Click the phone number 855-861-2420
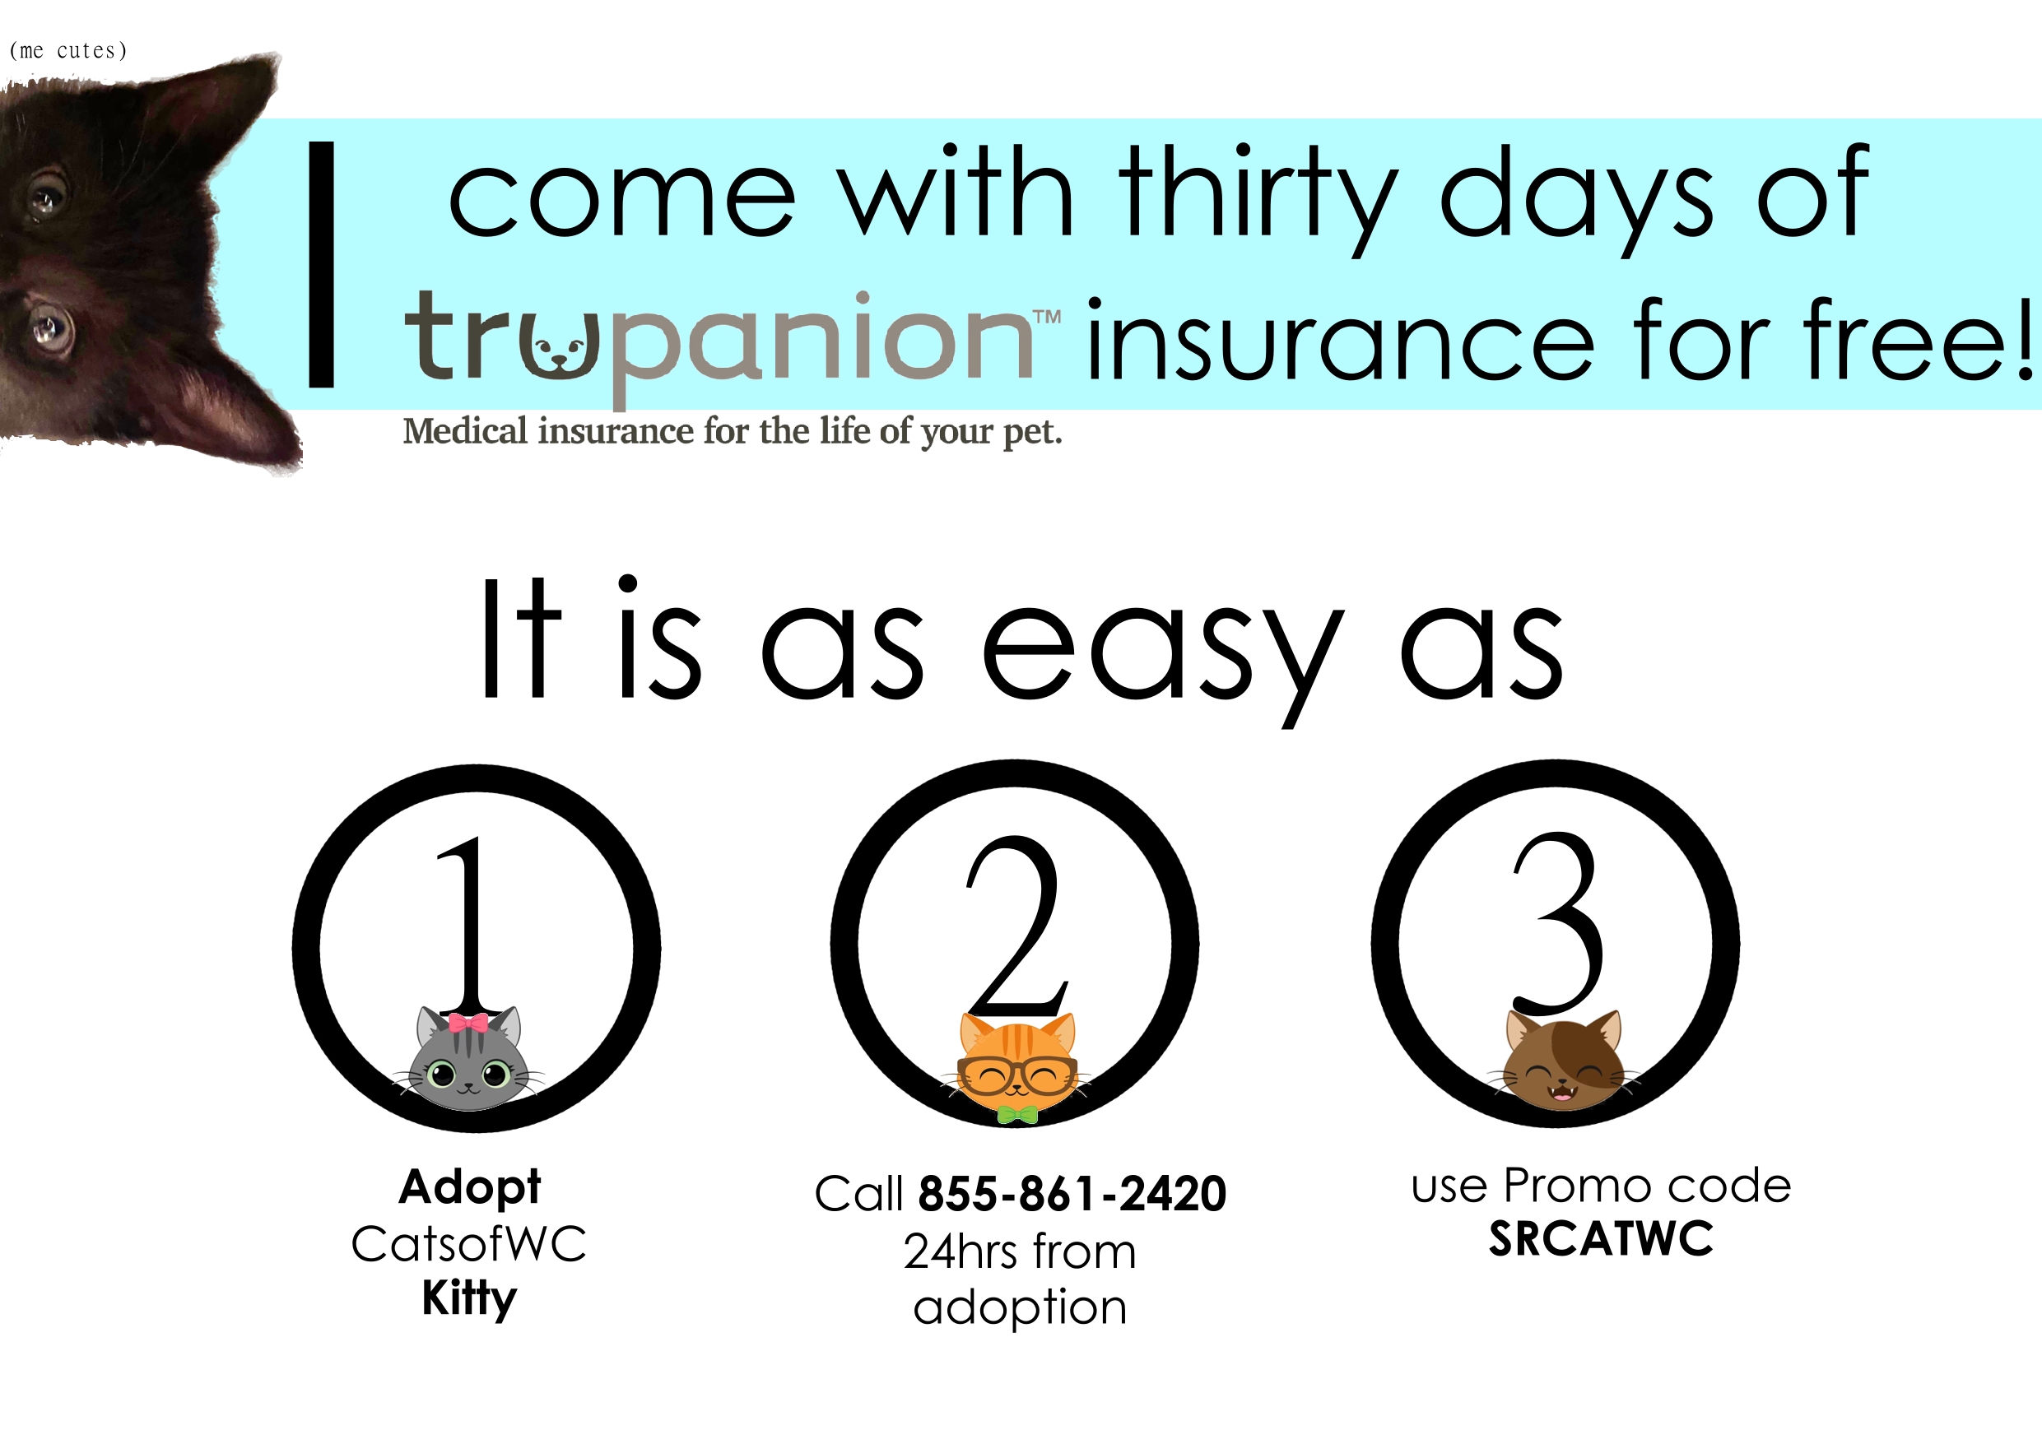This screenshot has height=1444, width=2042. pyautogui.click(x=1072, y=1194)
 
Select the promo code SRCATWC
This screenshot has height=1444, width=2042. pyautogui.click(x=1601, y=1238)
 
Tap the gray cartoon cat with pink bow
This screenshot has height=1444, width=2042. pyautogui.click(x=468, y=1059)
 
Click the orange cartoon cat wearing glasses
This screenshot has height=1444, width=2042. pyautogui.click(x=1016, y=1066)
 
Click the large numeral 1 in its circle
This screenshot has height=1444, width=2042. pyautogui.click(x=471, y=925)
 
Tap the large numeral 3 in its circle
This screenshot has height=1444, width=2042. pyautogui.click(x=1558, y=924)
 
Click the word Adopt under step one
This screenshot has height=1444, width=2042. pyautogui.click(x=470, y=1187)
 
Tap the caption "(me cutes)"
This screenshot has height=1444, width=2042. pyautogui.click(x=68, y=51)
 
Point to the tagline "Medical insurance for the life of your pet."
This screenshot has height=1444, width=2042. pyautogui.click(x=733, y=431)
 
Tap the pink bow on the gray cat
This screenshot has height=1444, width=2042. pyautogui.click(x=467, y=1023)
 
